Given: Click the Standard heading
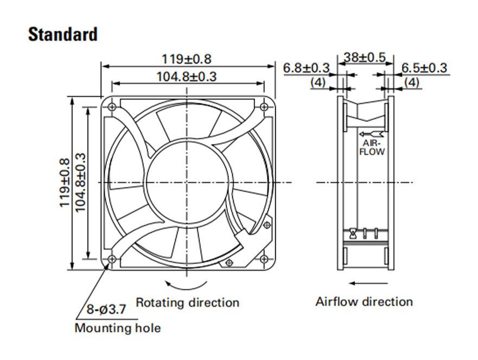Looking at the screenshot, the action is pyautogui.click(x=63, y=34).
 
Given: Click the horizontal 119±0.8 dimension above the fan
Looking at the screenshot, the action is pyautogui.click(x=186, y=59).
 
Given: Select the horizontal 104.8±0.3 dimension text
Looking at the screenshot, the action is pyautogui.click(x=186, y=76).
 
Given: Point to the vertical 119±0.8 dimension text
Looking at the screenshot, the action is pyautogui.click(x=65, y=183).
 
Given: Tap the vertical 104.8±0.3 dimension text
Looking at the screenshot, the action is pyautogui.click(x=80, y=183).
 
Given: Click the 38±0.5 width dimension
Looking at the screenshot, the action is pyautogui.click(x=365, y=58).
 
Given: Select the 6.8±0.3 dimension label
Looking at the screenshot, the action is pyautogui.click(x=307, y=68).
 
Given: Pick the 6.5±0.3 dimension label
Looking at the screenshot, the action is pyautogui.click(x=424, y=68).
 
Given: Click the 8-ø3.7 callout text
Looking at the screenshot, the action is pyautogui.click(x=106, y=310).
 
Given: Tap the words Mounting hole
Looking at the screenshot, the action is pyautogui.click(x=118, y=328).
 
